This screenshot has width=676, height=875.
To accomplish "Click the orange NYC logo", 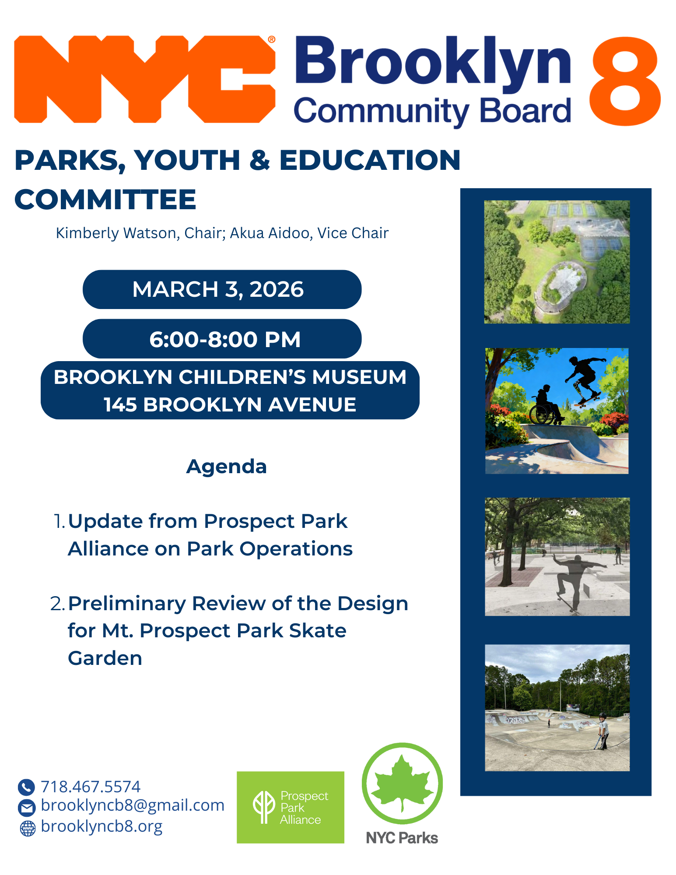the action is [144, 79].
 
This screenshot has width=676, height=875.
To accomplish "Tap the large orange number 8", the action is [625, 81].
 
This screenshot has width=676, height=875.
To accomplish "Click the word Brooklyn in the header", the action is [433, 62].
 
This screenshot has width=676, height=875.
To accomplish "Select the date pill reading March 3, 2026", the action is [222, 289].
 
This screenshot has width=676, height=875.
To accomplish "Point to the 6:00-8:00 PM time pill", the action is [222, 339].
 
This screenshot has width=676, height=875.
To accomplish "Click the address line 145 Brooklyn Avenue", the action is [230, 404].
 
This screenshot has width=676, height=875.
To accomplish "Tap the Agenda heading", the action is [227, 467].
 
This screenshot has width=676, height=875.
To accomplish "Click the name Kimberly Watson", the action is [116, 233].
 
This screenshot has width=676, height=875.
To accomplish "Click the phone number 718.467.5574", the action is [91, 787].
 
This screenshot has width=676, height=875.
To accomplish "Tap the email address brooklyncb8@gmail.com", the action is [133, 805].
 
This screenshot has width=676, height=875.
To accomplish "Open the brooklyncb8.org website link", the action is [102, 826].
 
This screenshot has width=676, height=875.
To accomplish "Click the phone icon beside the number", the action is [26, 787].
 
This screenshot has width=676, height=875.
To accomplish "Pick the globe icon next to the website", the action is [28, 828].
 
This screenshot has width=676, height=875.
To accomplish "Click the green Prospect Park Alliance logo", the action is [291, 807].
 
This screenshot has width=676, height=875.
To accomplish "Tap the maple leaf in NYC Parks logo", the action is [403, 782].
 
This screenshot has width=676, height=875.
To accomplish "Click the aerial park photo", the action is [557, 262].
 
